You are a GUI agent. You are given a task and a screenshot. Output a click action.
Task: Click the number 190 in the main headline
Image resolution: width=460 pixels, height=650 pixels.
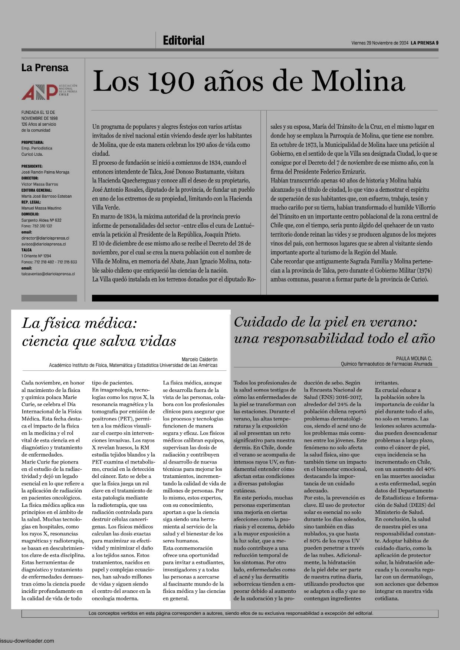(171, 81)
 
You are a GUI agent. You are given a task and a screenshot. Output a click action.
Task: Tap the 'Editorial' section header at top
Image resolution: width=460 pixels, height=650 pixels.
(184, 40)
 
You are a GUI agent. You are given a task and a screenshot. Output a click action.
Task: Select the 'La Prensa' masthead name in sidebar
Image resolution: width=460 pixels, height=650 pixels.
(45, 68)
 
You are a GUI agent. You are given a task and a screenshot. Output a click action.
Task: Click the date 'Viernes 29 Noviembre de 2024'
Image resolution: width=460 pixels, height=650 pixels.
(379, 43)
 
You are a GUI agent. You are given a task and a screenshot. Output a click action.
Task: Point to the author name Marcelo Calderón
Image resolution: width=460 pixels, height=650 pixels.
(200, 359)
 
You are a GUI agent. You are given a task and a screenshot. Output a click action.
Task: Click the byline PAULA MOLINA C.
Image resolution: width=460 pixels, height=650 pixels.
(414, 359)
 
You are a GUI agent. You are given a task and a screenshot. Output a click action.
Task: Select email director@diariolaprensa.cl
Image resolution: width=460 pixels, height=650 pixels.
(45, 238)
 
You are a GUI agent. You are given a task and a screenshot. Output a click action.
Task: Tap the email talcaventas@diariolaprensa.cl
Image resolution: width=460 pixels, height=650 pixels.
(48, 274)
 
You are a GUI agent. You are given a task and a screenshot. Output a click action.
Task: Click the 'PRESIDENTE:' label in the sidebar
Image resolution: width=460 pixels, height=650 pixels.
(32, 166)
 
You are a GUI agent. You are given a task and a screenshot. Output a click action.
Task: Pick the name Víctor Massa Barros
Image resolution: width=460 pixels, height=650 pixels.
(40, 184)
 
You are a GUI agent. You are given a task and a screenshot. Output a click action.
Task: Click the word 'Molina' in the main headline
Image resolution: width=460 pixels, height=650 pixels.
(358, 81)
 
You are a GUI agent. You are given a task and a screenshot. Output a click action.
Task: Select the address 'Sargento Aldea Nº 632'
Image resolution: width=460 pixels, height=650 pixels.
(42, 220)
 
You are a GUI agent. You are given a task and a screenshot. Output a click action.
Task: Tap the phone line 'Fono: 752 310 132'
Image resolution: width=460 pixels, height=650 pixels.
(37, 226)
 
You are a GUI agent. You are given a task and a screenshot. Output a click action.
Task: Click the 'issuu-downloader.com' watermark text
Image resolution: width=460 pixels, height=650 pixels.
(27, 641)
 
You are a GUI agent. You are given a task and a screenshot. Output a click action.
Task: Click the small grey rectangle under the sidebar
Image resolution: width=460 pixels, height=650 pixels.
(49, 298)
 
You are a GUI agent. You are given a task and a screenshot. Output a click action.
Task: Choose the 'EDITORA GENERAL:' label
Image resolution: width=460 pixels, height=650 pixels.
(36, 190)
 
